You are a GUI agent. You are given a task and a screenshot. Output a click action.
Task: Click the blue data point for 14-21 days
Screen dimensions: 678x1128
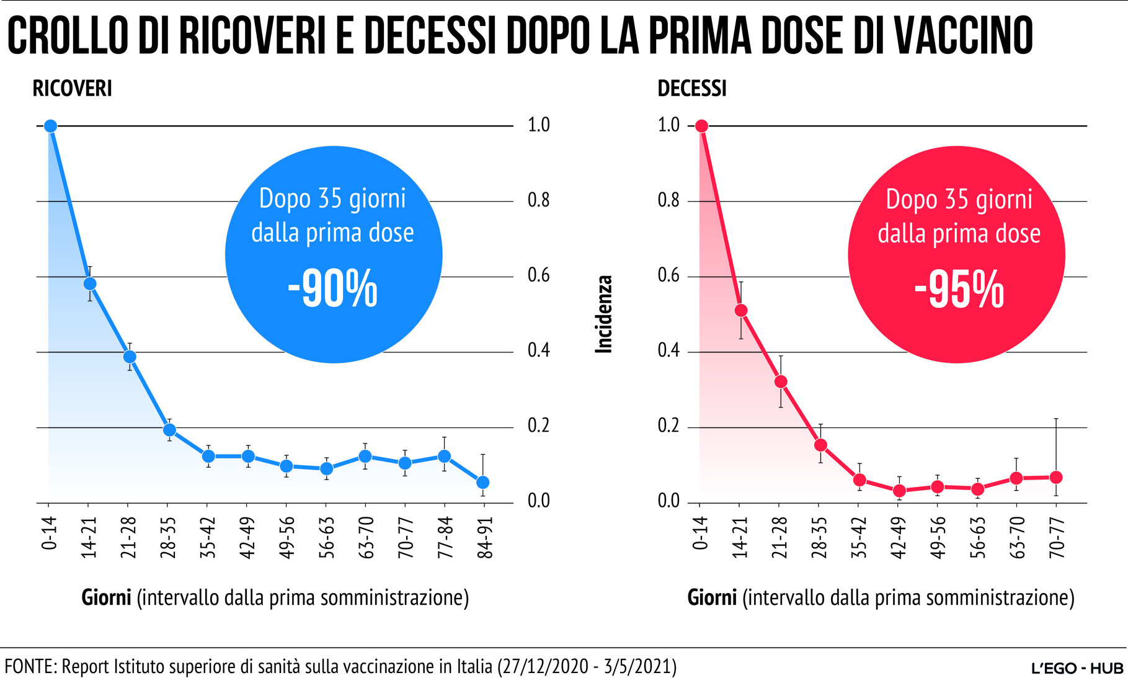90,283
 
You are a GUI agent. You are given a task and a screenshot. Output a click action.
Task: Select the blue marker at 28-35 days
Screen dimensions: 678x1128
169,430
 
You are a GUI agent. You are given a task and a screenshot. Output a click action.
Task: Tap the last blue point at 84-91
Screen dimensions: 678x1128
483,482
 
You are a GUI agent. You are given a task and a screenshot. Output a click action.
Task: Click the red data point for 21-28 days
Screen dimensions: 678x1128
781,381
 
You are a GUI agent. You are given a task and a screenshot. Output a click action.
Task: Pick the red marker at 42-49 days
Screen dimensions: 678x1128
899,491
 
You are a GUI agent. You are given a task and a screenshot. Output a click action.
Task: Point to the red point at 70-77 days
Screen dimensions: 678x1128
1056,477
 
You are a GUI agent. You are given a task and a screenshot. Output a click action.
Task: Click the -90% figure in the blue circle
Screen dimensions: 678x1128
333,288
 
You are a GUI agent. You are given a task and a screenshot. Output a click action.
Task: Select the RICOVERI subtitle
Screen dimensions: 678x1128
72,89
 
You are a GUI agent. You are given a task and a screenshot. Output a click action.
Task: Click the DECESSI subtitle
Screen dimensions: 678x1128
691,89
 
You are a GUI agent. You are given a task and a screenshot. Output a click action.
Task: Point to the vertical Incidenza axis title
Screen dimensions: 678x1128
604,314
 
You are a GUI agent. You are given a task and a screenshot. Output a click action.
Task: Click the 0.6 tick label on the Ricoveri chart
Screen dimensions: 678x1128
538,275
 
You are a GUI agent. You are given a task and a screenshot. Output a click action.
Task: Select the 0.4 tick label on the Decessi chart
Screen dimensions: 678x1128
668,351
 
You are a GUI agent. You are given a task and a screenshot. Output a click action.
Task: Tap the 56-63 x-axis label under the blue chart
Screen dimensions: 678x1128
326,537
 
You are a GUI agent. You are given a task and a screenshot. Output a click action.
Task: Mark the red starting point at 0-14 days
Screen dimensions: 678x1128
701,126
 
